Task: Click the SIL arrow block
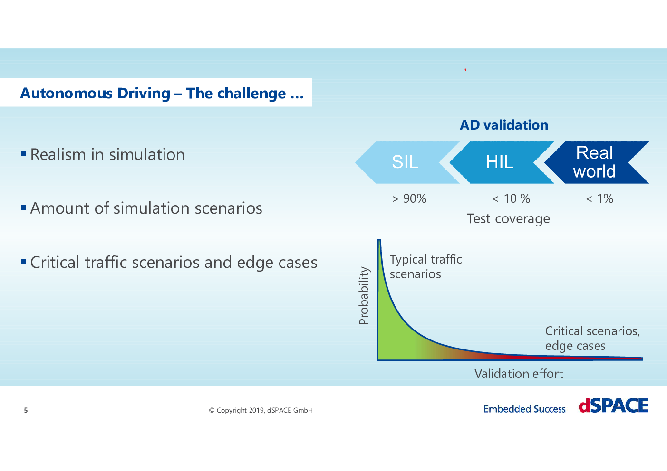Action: (x=405, y=162)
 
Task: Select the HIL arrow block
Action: (x=500, y=162)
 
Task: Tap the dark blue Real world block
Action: (x=596, y=162)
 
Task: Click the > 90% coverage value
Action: (x=409, y=198)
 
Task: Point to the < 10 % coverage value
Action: (x=511, y=198)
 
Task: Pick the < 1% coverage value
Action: (x=599, y=198)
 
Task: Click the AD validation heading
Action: (x=504, y=125)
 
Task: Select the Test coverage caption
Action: (x=508, y=219)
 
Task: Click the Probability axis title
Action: (x=364, y=296)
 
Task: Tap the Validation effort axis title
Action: (x=519, y=374)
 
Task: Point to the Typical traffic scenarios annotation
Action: (x=426, y=267)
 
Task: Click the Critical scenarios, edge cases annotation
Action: (x=592, y=339)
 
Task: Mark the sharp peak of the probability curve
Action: (x=379, y=240)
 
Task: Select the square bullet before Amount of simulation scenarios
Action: (x=24, y=207)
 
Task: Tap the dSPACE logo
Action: (x=614, y=405)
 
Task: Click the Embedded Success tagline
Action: (x=524, y=409)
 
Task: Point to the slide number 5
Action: (x=26, y=410)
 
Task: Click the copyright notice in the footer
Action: (x=261, y=410)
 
